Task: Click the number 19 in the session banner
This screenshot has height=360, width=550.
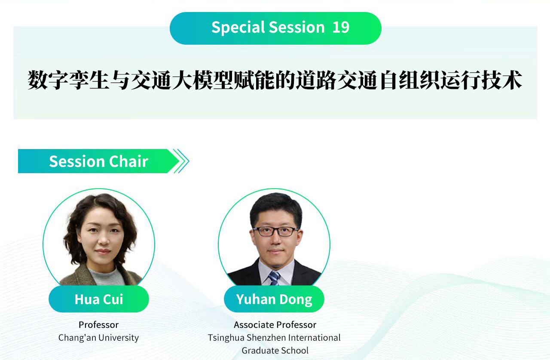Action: [341, 27]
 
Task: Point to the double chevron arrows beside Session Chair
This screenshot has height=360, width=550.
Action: [181, 161]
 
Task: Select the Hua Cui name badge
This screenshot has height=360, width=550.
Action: [99, 299]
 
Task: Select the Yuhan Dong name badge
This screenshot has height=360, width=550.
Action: [274, 299]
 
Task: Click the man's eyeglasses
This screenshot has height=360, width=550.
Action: [275, 231]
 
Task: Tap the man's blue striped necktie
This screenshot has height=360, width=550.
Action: [274, 278]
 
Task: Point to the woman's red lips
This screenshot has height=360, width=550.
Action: [103, 251]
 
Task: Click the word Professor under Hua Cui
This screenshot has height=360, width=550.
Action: [98, 325]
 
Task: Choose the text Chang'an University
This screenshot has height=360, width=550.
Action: [98, 338]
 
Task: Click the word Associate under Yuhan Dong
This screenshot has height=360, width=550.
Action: [254, 325]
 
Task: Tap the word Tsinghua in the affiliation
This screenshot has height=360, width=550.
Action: [226, 338]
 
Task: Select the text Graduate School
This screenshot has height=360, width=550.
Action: [275, 351]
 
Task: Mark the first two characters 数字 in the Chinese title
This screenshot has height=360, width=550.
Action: [48, 80]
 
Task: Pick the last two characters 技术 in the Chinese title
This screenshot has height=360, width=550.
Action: [501, 80]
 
